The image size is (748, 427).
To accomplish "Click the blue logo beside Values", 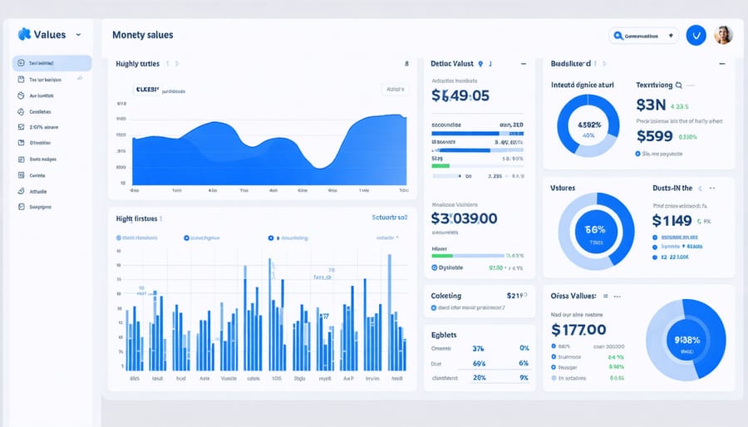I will click(x=23, y=34).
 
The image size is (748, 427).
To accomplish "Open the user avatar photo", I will click(x=723, y=35).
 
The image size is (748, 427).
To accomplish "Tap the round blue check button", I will click(x=696, y=35).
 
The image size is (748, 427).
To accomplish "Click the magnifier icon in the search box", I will click(x=618, y=36).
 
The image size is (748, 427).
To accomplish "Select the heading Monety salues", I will click(x=142, y=35).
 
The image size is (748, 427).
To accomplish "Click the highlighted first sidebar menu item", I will click(x=52, y=63).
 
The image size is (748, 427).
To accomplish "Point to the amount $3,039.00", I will click(x=464, y=218).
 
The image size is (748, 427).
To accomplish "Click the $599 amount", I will click(x=654, y=137).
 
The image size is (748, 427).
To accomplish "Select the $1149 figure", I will click(x=672, y=220).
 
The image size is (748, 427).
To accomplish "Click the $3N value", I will click(x=651, y=106).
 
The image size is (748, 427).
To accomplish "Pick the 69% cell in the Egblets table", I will click(x=478, y=363).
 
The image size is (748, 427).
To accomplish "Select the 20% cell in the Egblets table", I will click(x=478, y=377).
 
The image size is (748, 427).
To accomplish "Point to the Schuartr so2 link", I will click(x=390, y=218).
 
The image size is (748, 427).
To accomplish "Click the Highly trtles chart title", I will click(x=137, y=63).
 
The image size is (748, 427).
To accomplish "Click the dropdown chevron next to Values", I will click(x=78, y=35).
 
